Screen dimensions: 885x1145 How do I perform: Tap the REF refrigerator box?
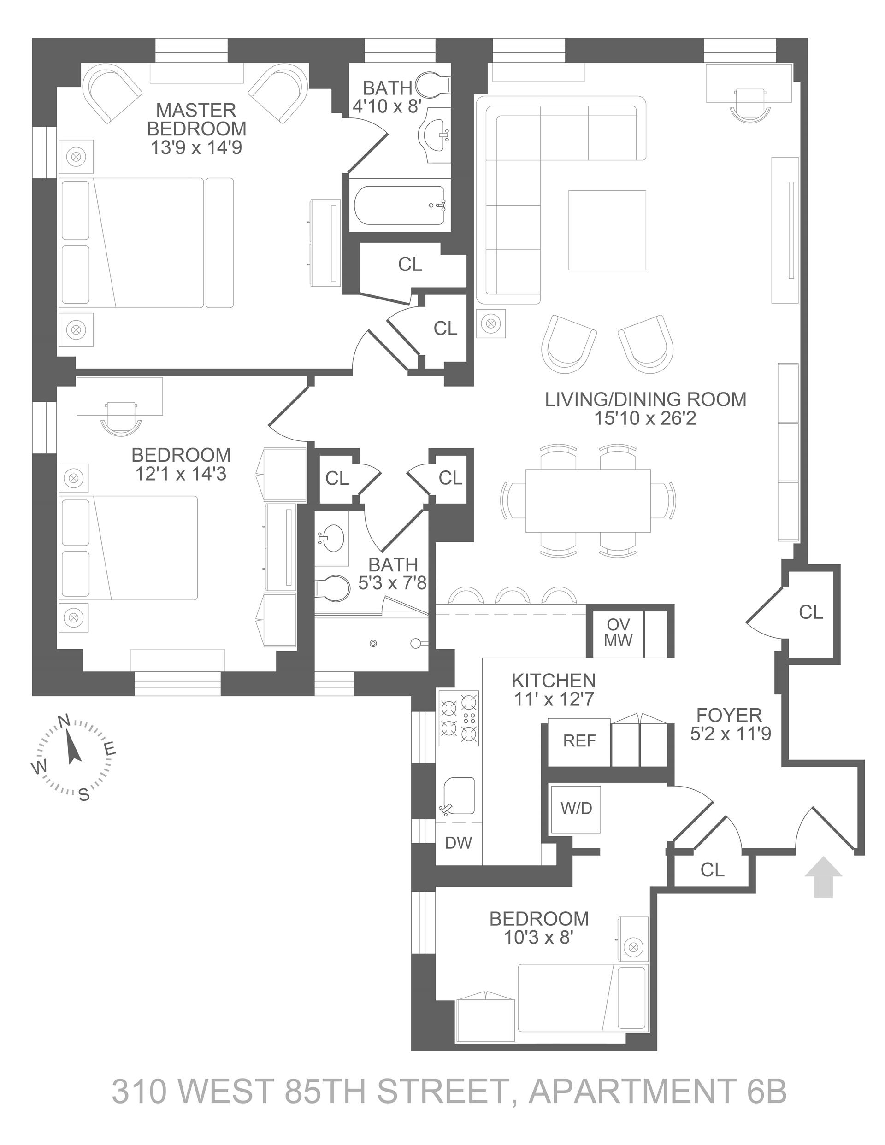[x=579, y=741]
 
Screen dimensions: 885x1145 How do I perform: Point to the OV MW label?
[x=618, y=632]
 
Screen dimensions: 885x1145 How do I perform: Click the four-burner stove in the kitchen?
[x=459, y=718]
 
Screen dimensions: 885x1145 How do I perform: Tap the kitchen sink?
[x=459, y=797]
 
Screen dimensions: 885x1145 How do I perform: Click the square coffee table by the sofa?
[x=607, y=229]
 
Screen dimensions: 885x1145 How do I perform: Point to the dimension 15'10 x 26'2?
[x=645, y=418]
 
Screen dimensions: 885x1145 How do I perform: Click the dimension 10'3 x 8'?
[x=538, y=937]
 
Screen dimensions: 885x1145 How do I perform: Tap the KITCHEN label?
[x=554, y=681]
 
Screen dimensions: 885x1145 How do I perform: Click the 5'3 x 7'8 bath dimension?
[x=392, y=582]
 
